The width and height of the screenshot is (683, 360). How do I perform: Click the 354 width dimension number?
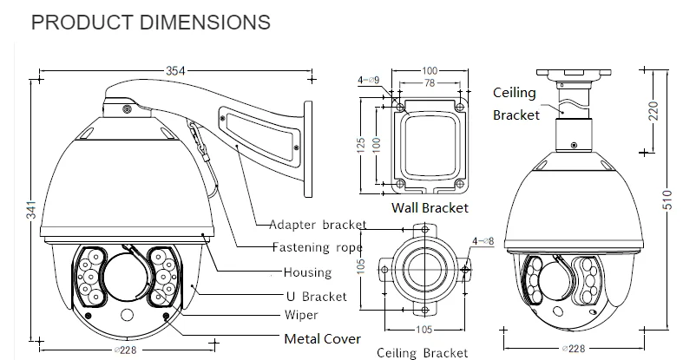[x=175, y=70]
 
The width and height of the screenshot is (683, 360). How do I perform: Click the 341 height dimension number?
[x=32, y=210]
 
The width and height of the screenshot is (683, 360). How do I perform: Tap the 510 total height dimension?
[x=667, y=200]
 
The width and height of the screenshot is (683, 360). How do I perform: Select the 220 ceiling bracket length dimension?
[x=653, y=110]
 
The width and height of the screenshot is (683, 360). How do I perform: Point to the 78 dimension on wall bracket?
[x=429, y=82]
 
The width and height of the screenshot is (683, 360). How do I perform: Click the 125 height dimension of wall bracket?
[x=361, y=146]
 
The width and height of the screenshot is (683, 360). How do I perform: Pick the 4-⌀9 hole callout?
[x=369, y=80]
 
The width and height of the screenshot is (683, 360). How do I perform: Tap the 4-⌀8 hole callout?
[x=483, y=241]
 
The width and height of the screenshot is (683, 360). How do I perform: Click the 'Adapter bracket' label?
[x=318, y=225]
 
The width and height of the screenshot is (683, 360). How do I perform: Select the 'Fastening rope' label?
[x=317, y=247]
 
